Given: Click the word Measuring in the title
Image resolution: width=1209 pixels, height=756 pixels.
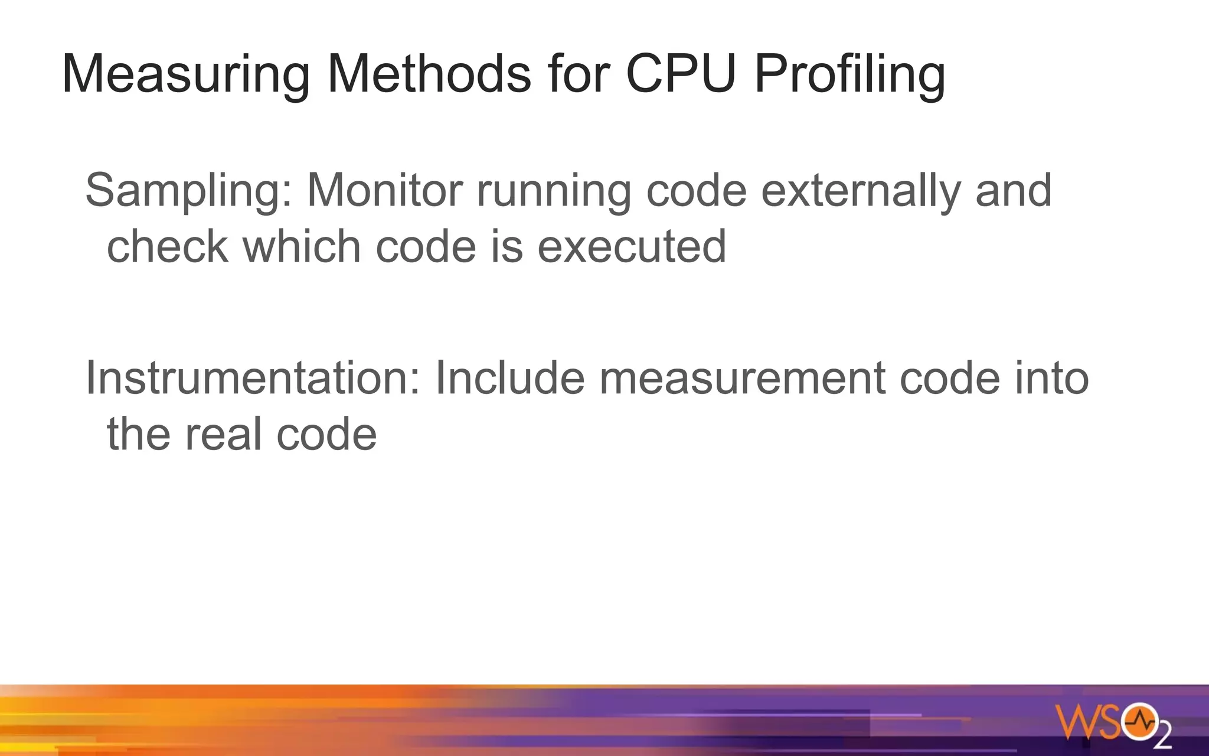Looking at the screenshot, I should (x=185, y=75).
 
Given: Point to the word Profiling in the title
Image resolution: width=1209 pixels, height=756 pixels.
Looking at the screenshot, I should (x=849, y=75).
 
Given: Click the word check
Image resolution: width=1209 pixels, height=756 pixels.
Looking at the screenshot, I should (x=167, y=246).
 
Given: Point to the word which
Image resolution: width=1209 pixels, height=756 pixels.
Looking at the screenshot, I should (x=302, y=246).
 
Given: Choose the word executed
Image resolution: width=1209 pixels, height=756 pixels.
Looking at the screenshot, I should (x=632, y=246).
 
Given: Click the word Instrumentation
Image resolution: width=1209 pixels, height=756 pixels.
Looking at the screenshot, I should (x=253, y=378).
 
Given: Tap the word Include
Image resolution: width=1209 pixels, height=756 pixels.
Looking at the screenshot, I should (x=510, y=378).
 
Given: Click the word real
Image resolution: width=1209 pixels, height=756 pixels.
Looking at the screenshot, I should (x=223, y=434).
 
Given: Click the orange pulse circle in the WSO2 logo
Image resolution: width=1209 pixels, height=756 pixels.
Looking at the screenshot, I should (x=1139, y=721).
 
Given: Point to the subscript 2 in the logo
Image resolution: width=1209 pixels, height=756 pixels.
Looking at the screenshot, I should (x=1162, y=737).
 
